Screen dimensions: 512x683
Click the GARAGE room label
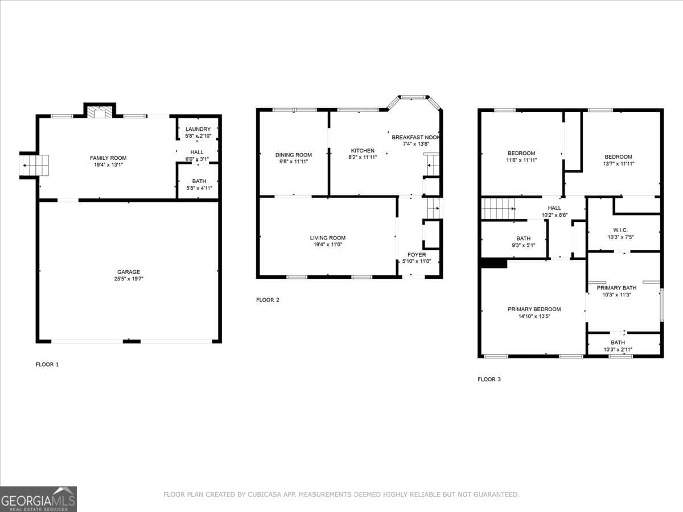point(129,272)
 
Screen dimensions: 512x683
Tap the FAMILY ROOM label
point(108,158)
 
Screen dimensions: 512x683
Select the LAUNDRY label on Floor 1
point(198,129)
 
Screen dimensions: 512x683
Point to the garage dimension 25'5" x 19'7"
point(129,279)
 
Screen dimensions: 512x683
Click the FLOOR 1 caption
point(47,365)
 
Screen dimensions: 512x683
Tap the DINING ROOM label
point(294,155)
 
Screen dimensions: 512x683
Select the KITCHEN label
point(363,151)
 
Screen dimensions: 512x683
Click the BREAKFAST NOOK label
point(415,138)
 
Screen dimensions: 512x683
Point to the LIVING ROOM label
point(328,238)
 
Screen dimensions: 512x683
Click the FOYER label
point(417,255)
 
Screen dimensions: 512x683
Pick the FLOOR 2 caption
point(268,300)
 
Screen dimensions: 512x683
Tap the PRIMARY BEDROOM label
point(534,309)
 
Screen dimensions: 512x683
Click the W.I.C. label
point(620,230)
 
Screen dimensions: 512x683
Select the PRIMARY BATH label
point(616,288)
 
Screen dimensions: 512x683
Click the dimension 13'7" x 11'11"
point(618,164)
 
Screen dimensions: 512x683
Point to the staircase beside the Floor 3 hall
point(498,208)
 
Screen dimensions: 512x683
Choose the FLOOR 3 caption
point(489,379)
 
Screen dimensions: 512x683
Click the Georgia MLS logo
point(38,499)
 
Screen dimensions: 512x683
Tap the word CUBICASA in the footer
point(266,495)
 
